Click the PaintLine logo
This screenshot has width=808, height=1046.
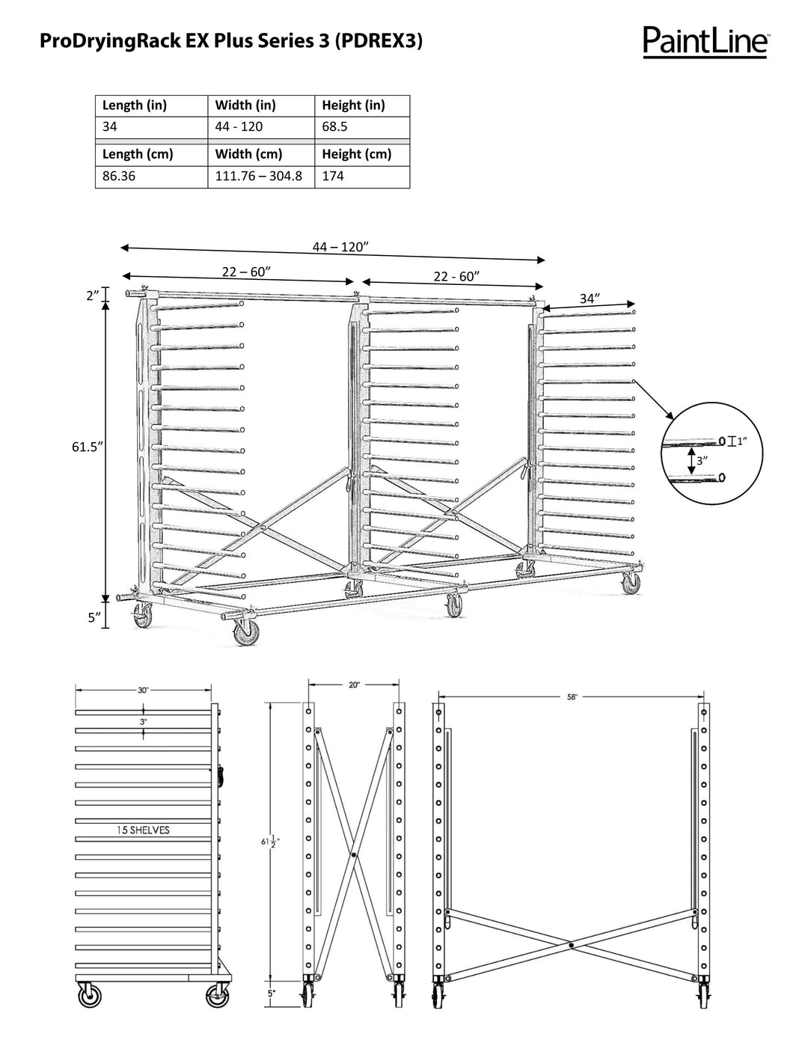705,42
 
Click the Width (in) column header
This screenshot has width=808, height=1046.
245,105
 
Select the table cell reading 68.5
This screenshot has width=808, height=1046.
334,126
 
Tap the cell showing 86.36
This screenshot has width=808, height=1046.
119,177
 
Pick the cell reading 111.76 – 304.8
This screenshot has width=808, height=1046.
259,177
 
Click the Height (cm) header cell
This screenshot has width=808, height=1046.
356,154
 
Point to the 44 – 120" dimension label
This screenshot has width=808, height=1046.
340,247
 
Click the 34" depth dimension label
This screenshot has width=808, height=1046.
590,299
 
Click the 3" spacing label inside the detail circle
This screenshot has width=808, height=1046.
701,462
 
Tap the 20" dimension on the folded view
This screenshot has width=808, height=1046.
354,685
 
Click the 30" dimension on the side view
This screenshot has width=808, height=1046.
143,690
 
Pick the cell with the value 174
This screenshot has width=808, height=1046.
333,177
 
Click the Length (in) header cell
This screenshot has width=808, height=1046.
135,105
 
